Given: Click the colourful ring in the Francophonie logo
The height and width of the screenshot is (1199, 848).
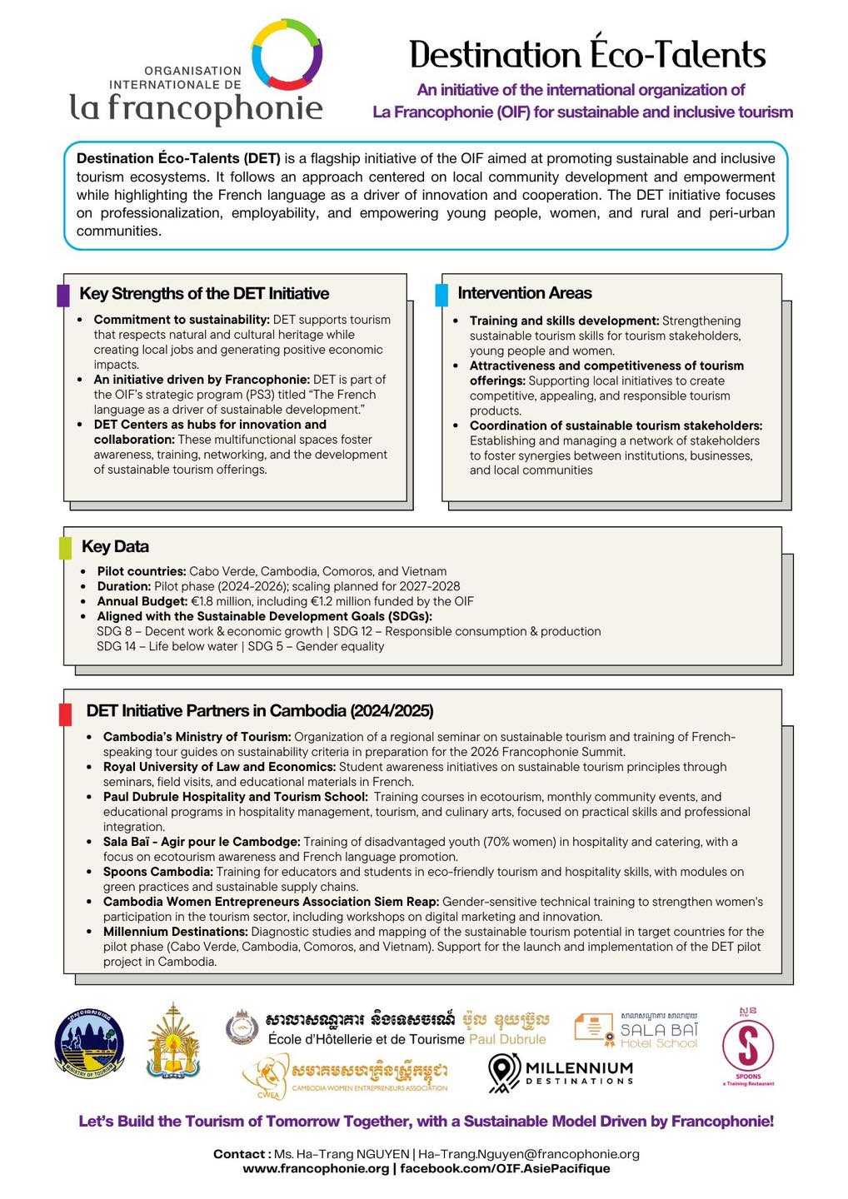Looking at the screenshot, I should click(287, 54).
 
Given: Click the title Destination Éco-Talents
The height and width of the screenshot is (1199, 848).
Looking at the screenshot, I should click(587, 55).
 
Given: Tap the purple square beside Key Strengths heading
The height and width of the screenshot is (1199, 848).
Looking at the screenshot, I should click(63, 296).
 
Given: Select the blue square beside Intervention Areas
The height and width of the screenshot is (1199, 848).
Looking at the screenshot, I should click(441, 295).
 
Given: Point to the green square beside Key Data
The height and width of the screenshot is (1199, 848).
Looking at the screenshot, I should click(65, 548).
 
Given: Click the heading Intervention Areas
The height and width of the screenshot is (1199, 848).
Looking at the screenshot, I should click(525, 293).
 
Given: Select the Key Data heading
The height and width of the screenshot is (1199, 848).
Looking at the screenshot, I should click(115, 547).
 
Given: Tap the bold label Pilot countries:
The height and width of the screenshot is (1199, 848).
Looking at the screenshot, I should click(142, 571).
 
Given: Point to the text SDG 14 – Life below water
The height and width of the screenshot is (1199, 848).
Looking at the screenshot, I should click(167, 646).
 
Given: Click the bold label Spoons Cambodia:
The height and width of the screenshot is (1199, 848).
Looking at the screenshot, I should click(158, 872).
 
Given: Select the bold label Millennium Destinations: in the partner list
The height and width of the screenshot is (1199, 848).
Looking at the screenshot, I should click(175, 932).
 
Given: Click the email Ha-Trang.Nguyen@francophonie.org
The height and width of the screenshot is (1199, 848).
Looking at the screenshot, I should click(529, 1154).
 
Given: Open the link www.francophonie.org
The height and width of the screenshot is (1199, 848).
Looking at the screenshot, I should click(316, 1168).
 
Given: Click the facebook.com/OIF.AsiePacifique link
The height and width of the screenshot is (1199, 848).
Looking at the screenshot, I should click(505, 1168).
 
